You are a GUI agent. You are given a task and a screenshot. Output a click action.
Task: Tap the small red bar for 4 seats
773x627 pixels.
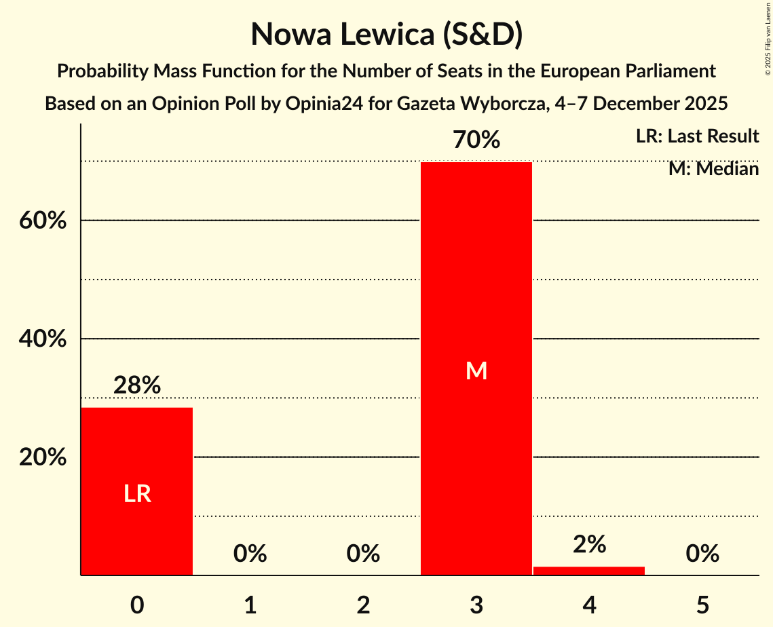[589, 571]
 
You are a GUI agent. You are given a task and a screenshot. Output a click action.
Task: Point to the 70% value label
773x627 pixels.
[476, 140]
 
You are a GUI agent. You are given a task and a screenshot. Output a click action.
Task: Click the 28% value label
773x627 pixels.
[137, 385]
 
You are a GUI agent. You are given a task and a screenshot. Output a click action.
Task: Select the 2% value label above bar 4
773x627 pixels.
[589, 544]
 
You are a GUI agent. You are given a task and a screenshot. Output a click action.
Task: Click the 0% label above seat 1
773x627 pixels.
[250, 554]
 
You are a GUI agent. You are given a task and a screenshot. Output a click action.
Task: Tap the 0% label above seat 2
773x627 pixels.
[363, 554]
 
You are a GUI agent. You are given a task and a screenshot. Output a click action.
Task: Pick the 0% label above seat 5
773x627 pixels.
[702, 554]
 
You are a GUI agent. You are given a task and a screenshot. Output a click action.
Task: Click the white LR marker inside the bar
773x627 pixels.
[137, 494]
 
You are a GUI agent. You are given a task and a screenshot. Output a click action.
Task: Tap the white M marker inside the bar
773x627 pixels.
[476, 370]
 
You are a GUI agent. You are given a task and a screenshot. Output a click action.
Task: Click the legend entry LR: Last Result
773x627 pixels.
[697, 136]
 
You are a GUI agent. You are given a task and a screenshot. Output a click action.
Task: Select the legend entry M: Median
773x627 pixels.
[713, 168]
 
